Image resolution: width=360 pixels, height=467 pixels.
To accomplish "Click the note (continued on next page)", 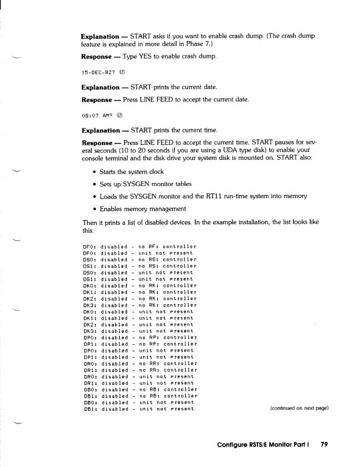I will (x=299, y=408).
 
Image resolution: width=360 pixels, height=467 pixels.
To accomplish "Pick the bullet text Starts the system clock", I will (x=131, y=172).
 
